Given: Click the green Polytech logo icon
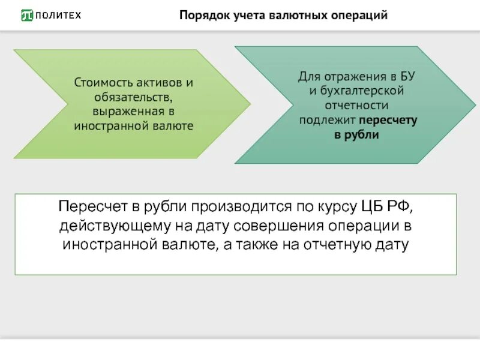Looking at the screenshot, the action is [x=27, y=15].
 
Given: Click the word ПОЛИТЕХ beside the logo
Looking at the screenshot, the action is [x=58, y=15].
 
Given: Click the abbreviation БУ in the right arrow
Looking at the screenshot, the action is [x=407, y=76].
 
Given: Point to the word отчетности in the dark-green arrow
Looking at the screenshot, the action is [x=358, y=105].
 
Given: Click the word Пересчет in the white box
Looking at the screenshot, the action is [x=88, y=208].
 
